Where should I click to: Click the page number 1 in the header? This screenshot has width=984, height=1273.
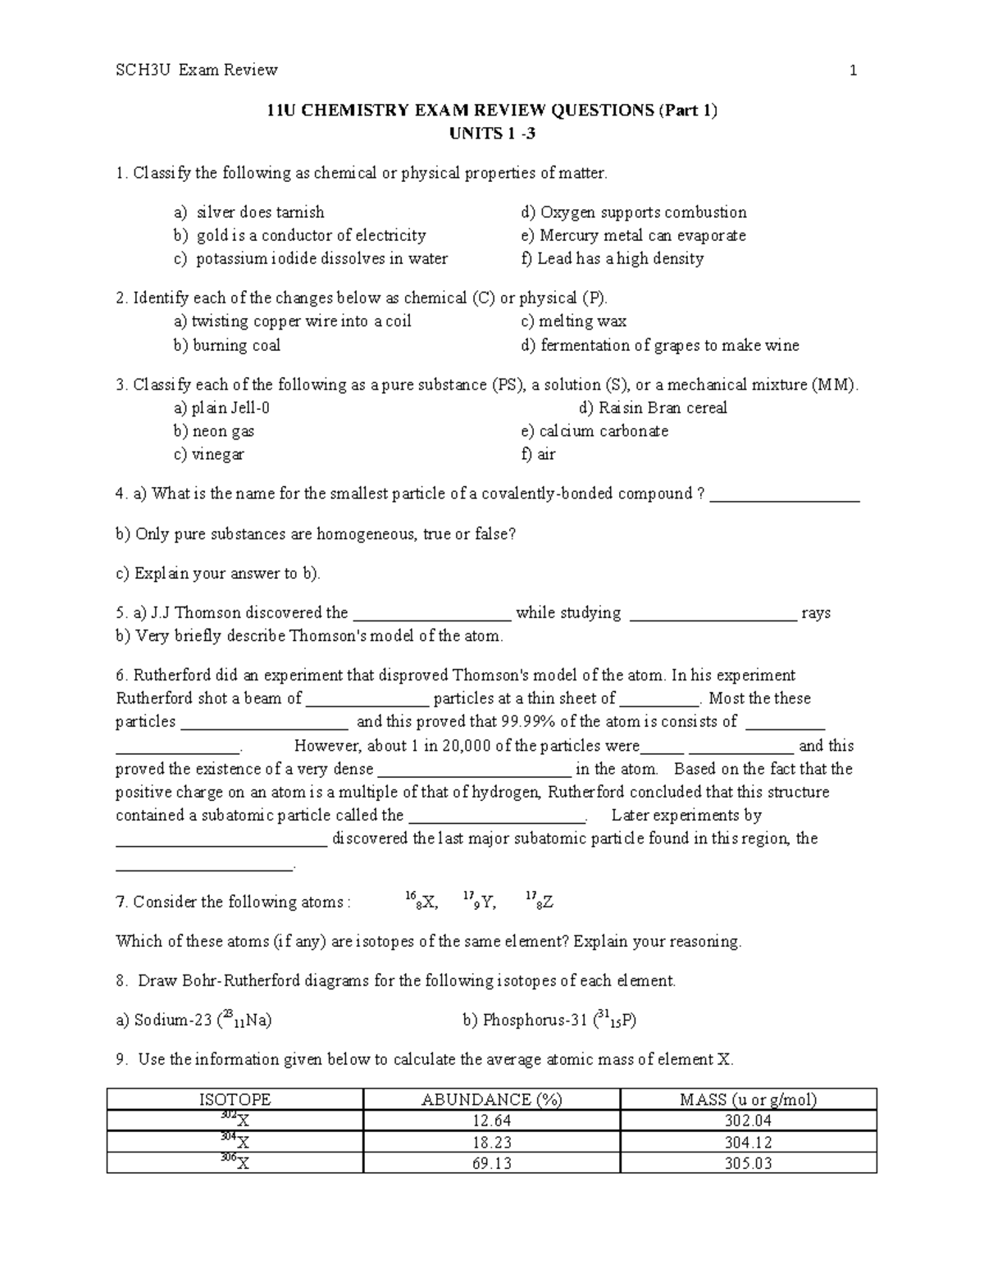coord(854,70)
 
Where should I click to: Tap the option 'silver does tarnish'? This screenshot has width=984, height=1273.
coord(259,212)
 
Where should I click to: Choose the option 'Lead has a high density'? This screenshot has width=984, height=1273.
coord(620,258)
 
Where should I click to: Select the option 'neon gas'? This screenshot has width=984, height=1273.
coord(222,431)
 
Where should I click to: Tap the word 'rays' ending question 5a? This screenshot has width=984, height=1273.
coord(816,613)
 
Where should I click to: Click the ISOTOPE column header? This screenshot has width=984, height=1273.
coord(235,1100)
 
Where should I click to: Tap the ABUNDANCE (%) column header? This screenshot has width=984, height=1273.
coord(491,1100)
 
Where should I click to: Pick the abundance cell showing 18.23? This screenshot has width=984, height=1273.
coord(491,1142)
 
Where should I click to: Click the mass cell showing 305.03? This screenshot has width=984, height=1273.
coord(748,1163)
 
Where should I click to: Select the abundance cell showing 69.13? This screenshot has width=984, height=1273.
coord(491,1163)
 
